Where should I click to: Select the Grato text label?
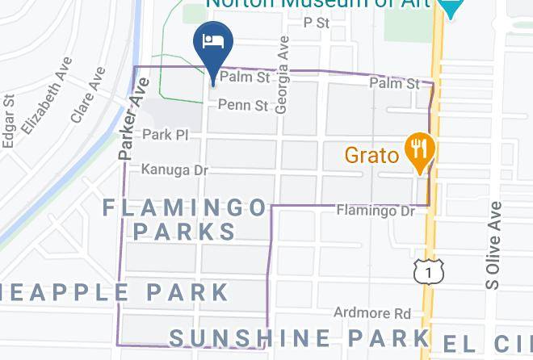(372, 154)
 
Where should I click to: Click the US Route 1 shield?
(426, 272)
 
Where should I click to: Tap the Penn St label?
(242, 105)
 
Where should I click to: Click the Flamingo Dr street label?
(375, 211)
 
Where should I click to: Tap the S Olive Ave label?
(493, 245)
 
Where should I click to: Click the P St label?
(317, 23)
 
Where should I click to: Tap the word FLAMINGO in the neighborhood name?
(185, 208)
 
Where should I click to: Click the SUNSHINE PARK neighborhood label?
(299, 337)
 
